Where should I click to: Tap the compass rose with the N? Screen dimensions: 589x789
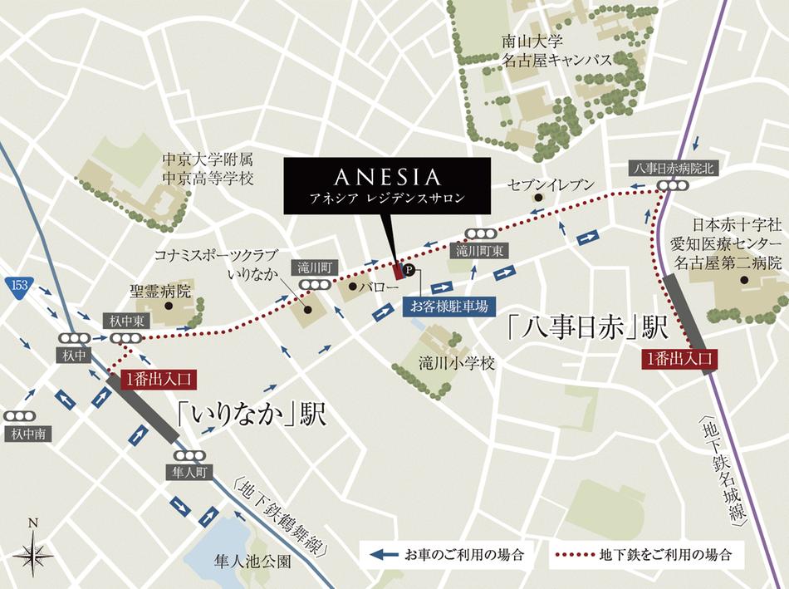(x=32, y=550)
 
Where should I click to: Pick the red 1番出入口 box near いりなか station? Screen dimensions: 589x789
(x=159, y=379)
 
